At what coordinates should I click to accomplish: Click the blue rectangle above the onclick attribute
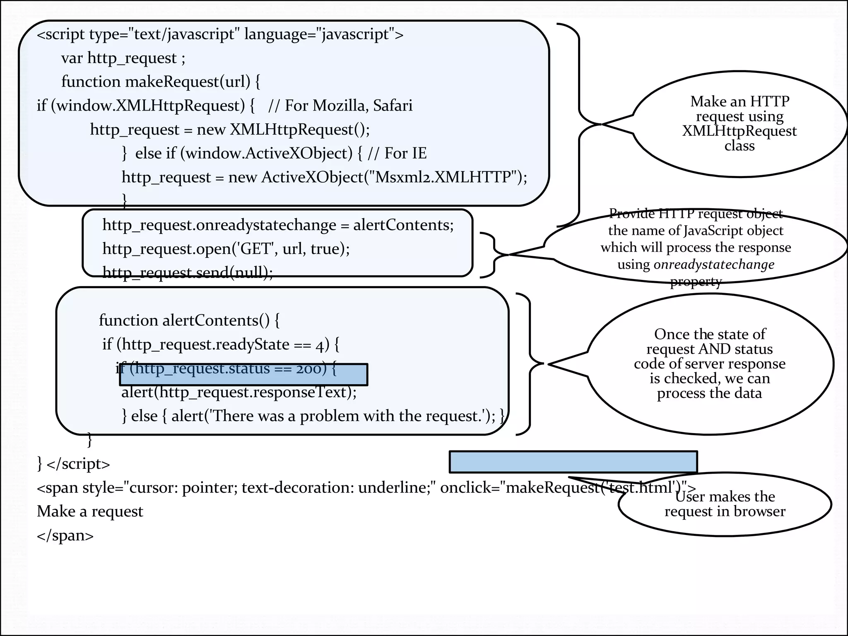click(573, 462)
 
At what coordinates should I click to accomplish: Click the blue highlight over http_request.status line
click(243, 374)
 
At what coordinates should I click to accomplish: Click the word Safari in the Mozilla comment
click(393, 106)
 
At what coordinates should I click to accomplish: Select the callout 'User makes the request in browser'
click(725, 504)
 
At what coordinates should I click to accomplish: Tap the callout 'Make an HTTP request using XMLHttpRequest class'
click(740, 123)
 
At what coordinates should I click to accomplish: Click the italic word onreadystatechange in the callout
click(713, 264)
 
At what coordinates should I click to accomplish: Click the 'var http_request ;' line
click(123, 58)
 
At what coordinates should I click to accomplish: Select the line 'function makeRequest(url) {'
click(161, 82)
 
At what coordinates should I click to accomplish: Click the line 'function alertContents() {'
click(189, 320)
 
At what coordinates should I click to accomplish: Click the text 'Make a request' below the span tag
click(90, 511)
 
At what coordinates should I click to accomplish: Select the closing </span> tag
click(65, 535)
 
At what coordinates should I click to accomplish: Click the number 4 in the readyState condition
click(320, 345)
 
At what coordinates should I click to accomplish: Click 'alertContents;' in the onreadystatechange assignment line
click(403, 225)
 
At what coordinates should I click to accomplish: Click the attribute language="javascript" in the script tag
click(317, 34)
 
